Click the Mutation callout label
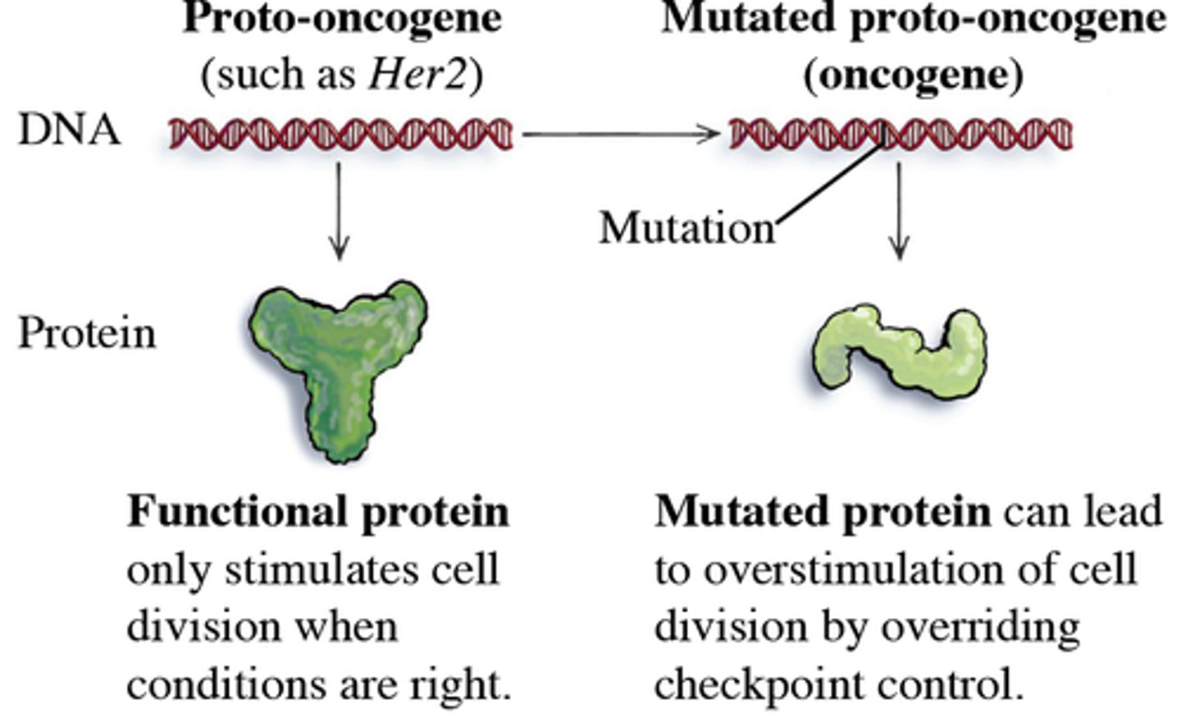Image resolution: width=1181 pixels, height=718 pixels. coord(686,228)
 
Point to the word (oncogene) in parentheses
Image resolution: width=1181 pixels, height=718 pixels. coord(913,75)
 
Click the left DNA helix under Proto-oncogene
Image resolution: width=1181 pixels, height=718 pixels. coord(340,134)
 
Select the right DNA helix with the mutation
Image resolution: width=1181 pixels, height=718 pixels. coord(901,134)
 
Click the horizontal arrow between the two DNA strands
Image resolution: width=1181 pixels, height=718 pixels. coord(621,133)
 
